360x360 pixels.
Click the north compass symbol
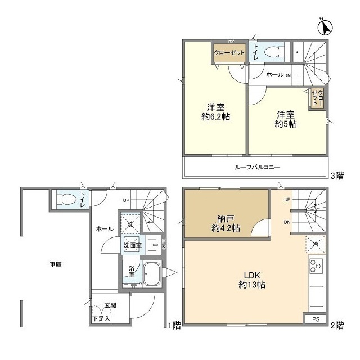pos(325,28)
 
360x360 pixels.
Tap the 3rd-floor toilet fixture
pos(274,52)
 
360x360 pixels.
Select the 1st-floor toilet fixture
pos(67,199)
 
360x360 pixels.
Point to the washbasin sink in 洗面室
pos(153,244)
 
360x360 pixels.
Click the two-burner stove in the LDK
pos(316,266)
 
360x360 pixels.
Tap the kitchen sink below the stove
pos(317,296)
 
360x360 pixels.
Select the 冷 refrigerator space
pos(316,245)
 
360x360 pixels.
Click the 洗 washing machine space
pos(130,224)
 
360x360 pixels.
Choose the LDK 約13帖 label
pos(252,280)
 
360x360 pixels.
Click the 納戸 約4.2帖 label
pos(226,223)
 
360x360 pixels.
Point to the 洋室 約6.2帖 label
pos(215,112)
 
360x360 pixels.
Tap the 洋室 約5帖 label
pos(286,119)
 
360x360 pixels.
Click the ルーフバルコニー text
pos(257,167)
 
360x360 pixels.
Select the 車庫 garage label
pos(56,264)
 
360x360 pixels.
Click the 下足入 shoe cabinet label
pos(101,319)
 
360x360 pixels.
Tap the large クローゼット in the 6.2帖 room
pos(229,52)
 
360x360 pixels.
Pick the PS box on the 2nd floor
pos(316,319)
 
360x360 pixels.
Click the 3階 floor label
pos(337,176)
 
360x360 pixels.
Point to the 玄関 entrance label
pos(110,305)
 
